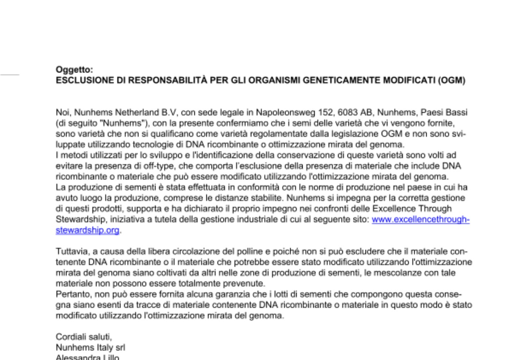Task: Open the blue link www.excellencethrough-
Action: pos(420,220)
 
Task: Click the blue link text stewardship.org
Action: pos(87,230)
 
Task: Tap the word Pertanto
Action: pos(70,295)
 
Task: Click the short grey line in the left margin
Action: pos(10,74)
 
